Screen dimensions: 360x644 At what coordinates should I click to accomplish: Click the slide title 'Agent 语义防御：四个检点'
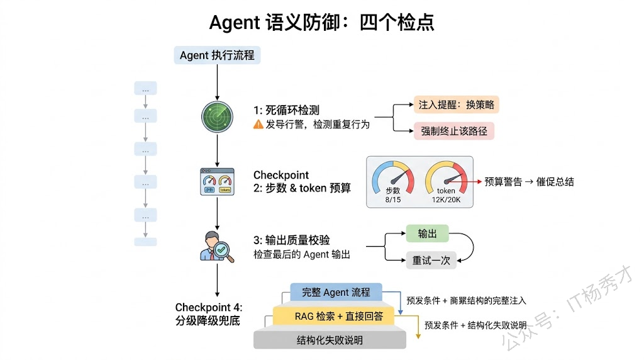[321, 23]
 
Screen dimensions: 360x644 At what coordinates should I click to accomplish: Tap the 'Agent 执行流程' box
[217, 55]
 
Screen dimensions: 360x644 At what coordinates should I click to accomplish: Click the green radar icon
[216, 115]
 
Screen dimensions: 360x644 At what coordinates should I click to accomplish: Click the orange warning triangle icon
[258, 125]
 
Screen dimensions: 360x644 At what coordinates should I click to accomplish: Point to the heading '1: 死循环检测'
[286, 110]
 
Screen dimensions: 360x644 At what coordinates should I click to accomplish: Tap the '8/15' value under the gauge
[392, 199]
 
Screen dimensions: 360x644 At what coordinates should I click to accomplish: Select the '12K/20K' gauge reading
[447, 199]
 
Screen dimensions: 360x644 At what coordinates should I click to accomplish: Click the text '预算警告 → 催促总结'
[529, 182]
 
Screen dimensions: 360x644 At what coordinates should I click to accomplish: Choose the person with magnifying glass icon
[216, 246]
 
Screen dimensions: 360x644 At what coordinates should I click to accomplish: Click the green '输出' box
[427, 233]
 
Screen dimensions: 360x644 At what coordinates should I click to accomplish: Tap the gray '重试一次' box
[431, 260]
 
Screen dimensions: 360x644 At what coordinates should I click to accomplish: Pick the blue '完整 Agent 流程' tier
[336, 293]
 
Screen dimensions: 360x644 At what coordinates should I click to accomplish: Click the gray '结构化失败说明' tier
[330, 340]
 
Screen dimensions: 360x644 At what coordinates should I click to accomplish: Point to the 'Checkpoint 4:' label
[209, 308]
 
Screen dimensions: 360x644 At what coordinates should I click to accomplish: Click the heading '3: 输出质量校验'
[292, 240]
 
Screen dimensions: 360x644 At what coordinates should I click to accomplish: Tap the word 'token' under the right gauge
[446, 191]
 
